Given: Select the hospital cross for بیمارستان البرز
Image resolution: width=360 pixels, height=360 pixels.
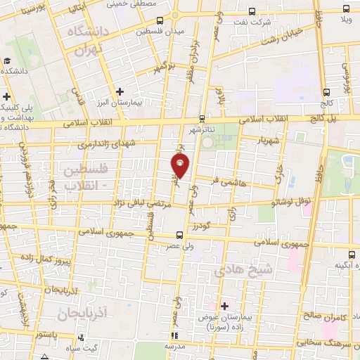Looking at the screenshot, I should point(120,91).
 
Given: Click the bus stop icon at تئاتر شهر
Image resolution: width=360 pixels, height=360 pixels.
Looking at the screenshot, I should point(202,117).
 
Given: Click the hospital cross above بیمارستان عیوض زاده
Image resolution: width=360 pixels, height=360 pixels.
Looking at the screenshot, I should point(225,306).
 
